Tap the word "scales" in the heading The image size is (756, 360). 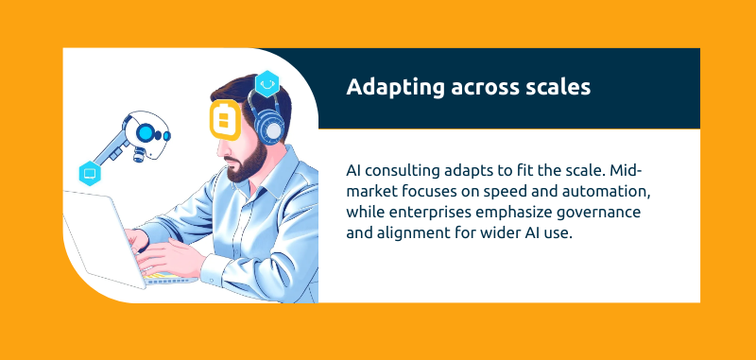[x=558, y=88]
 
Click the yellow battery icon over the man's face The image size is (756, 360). [x=225, y=121]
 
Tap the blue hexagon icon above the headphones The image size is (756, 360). [x=266, y=83]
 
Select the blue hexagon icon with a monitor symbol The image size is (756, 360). [x=91, y=172]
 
